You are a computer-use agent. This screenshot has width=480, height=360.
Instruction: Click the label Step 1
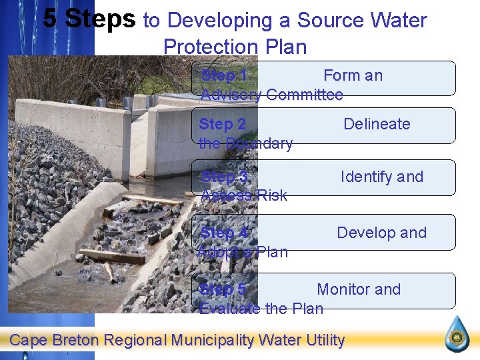224,75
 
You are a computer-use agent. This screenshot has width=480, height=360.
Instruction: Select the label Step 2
223,124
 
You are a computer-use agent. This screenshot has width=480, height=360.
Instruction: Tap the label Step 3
224,177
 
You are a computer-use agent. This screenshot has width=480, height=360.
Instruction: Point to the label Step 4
224,233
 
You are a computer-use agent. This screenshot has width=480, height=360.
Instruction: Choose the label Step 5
223,289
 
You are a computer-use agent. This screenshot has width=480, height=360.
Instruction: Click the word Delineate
377,124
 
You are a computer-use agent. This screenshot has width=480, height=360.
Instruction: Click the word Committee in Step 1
304,95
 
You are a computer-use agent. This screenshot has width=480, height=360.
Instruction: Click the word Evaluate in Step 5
230,309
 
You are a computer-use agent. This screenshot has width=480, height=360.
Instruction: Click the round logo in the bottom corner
457,333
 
